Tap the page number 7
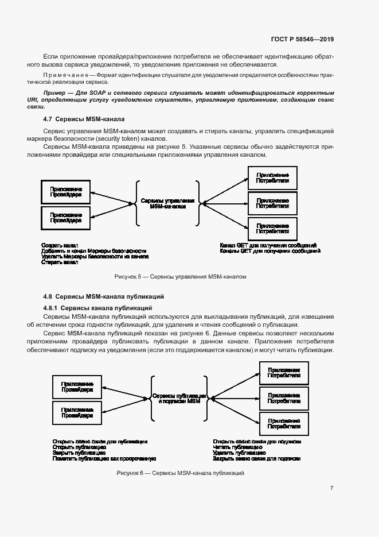click(332, 488)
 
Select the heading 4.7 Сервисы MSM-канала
click(81, 119)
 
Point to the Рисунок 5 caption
click(180, 276)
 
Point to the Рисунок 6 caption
click(181, 473)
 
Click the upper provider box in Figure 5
click(65, 192)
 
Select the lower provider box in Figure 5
click(65, 217)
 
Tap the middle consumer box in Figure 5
click(272, 203)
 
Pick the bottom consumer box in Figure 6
click(284, 423)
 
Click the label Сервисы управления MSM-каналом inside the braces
click(167, 204)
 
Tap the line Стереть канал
click(59, 262)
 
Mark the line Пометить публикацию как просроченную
click(104, 459)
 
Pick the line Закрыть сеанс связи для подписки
click(256, 459)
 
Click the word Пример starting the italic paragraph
click(56, 92)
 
